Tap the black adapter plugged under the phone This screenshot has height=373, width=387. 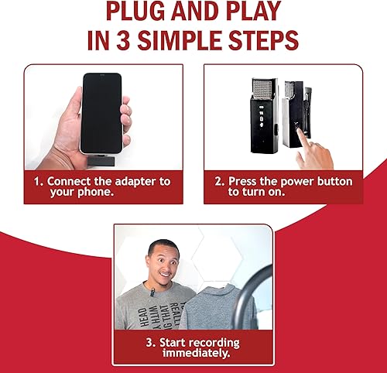[100, 159]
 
